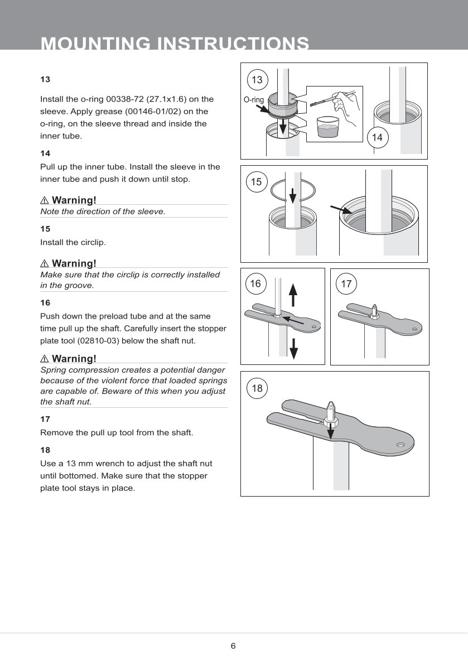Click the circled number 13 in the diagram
[x=257, y=80]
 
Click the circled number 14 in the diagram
[x=377, y=137]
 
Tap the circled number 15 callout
[x=256, y=182]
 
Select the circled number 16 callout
[x=255, y=284]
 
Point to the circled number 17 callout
[x=346, y=284]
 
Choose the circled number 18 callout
[x=257, y=388]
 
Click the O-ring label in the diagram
[x=254, y=100]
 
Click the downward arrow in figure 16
[x=293, y=349]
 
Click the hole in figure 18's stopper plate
[x=401, y=445]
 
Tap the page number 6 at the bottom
[x=233, y=646]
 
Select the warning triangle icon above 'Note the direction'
[x=45, y=200]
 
